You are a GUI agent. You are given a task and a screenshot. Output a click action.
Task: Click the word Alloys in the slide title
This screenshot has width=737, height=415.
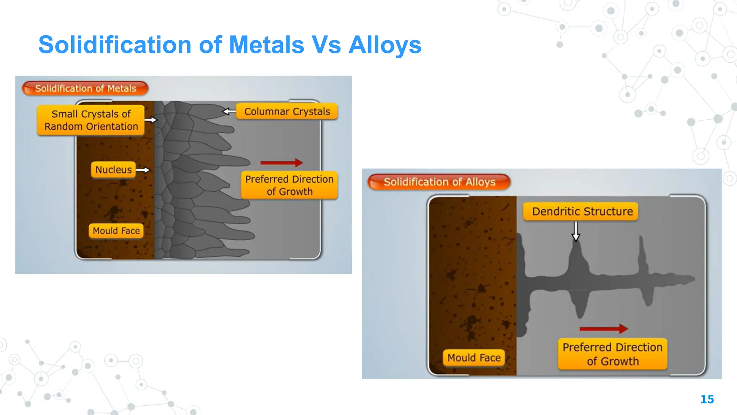pyautogui.click(x=385, y=45)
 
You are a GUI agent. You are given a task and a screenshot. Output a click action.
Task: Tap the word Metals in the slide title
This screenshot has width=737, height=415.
pyautogui.click(x=266, y=45)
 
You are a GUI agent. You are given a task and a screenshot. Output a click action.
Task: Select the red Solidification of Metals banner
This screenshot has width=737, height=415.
pyautogui.click(x=85, y=89)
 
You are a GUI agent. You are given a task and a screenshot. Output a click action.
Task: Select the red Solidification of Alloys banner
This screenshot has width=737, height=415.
pyautogui.click(x=439, y=182)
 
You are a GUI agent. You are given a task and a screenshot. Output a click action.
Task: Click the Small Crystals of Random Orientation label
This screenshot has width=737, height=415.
pyautogui.click(x=91, y=120)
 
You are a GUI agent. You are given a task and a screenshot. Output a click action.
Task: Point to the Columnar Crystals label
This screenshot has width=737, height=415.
pyautogui.click(x=287, y=112)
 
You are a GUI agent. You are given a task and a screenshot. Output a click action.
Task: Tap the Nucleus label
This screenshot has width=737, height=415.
pyautogui.click(x=113, y=170)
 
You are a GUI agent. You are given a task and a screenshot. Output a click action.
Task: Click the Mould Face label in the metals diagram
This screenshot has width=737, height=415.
pyautogui.click(x=116, y=231)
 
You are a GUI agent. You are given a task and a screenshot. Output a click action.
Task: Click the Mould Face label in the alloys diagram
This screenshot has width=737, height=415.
pyautogui.click(x=474, y=358)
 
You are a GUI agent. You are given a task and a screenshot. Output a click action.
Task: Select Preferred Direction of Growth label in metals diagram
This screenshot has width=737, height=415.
pyautogui.click(x=289, y=185)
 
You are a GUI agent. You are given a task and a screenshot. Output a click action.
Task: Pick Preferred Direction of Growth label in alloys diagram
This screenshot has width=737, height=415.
pyautogui.click(x=612, y=354)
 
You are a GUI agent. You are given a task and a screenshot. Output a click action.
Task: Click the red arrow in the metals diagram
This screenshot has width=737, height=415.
pyautogui.click(x=281, y=163)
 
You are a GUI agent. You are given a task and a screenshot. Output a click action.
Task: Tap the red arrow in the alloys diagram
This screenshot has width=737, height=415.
pyautogui.click(x=604, y=329)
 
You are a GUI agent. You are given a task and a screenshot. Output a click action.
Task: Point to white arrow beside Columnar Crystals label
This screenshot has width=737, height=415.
pyautogui.click(x=229, y=112)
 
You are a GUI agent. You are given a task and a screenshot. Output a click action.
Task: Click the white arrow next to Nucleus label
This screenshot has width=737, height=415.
pyautogui.click(x=143, y=170)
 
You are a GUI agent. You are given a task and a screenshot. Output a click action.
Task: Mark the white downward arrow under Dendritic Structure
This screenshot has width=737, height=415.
pyautogui.click(x=576, y=231)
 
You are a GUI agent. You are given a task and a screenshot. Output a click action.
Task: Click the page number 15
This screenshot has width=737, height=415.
pyautogui.click(x=707, y=399)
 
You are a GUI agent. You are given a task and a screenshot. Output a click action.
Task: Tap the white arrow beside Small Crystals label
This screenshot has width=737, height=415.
pyautogui.click(x=151, y=120)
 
